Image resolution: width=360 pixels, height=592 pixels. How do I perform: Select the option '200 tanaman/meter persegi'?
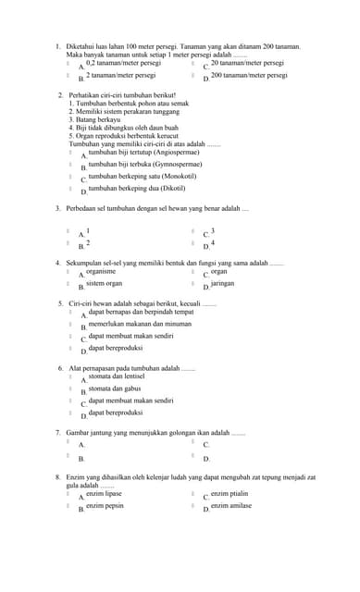click(x=248, y=75)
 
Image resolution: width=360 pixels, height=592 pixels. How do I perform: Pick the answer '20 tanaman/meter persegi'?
click(x=247, y=63)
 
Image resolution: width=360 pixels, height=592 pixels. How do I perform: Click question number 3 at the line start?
click(x=57, y=208)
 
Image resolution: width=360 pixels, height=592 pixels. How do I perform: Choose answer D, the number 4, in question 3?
click(x=213, y=242)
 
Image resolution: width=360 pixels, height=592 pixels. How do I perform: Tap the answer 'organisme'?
click(x=101, y=272)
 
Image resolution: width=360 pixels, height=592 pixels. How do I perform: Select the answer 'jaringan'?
click(x=222, y=284)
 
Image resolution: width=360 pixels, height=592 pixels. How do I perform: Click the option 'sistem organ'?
click(x=104, y=284)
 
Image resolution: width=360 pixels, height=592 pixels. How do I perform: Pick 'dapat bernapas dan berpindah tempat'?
click(x=141, y=313)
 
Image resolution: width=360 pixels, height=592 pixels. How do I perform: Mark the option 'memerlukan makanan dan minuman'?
click(x=140, y=325)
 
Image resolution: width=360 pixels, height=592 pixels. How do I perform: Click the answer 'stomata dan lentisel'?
click(x=116, y=376)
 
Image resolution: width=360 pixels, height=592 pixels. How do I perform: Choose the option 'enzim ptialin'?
click(x=229, y=494)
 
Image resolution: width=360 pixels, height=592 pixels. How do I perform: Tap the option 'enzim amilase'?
click(x=230, y=506)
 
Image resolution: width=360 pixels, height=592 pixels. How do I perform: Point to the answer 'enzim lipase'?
click(x=104, y=494)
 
